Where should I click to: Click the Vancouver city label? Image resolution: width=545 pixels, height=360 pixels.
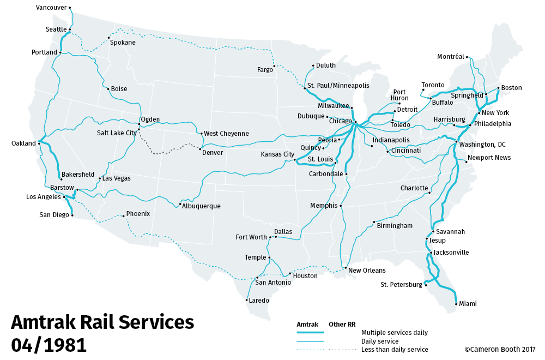point(51,8)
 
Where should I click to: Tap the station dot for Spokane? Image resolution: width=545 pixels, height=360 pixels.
point(107,38)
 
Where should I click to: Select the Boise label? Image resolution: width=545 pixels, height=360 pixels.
point(119,89)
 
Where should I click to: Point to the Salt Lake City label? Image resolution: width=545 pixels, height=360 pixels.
point(117,133)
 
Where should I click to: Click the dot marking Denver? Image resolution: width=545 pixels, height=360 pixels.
point(200,149)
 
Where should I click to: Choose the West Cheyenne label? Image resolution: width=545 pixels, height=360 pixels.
point(226,134)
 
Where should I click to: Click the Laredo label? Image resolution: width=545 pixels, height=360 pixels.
point(259,300)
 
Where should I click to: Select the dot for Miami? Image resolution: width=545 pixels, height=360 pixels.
point(456,303)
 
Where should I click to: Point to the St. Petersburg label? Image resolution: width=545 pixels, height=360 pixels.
point(401,285)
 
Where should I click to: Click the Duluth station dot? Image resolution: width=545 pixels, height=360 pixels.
point(313,66)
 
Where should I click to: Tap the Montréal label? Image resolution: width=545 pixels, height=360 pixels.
point(451,57)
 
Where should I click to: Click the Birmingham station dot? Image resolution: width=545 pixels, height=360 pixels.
point(373,222)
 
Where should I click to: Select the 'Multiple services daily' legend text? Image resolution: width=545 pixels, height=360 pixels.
point(395,332)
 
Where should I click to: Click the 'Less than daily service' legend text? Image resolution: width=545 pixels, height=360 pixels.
point(395,350)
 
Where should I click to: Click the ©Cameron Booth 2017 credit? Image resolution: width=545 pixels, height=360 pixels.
point(500,350)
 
